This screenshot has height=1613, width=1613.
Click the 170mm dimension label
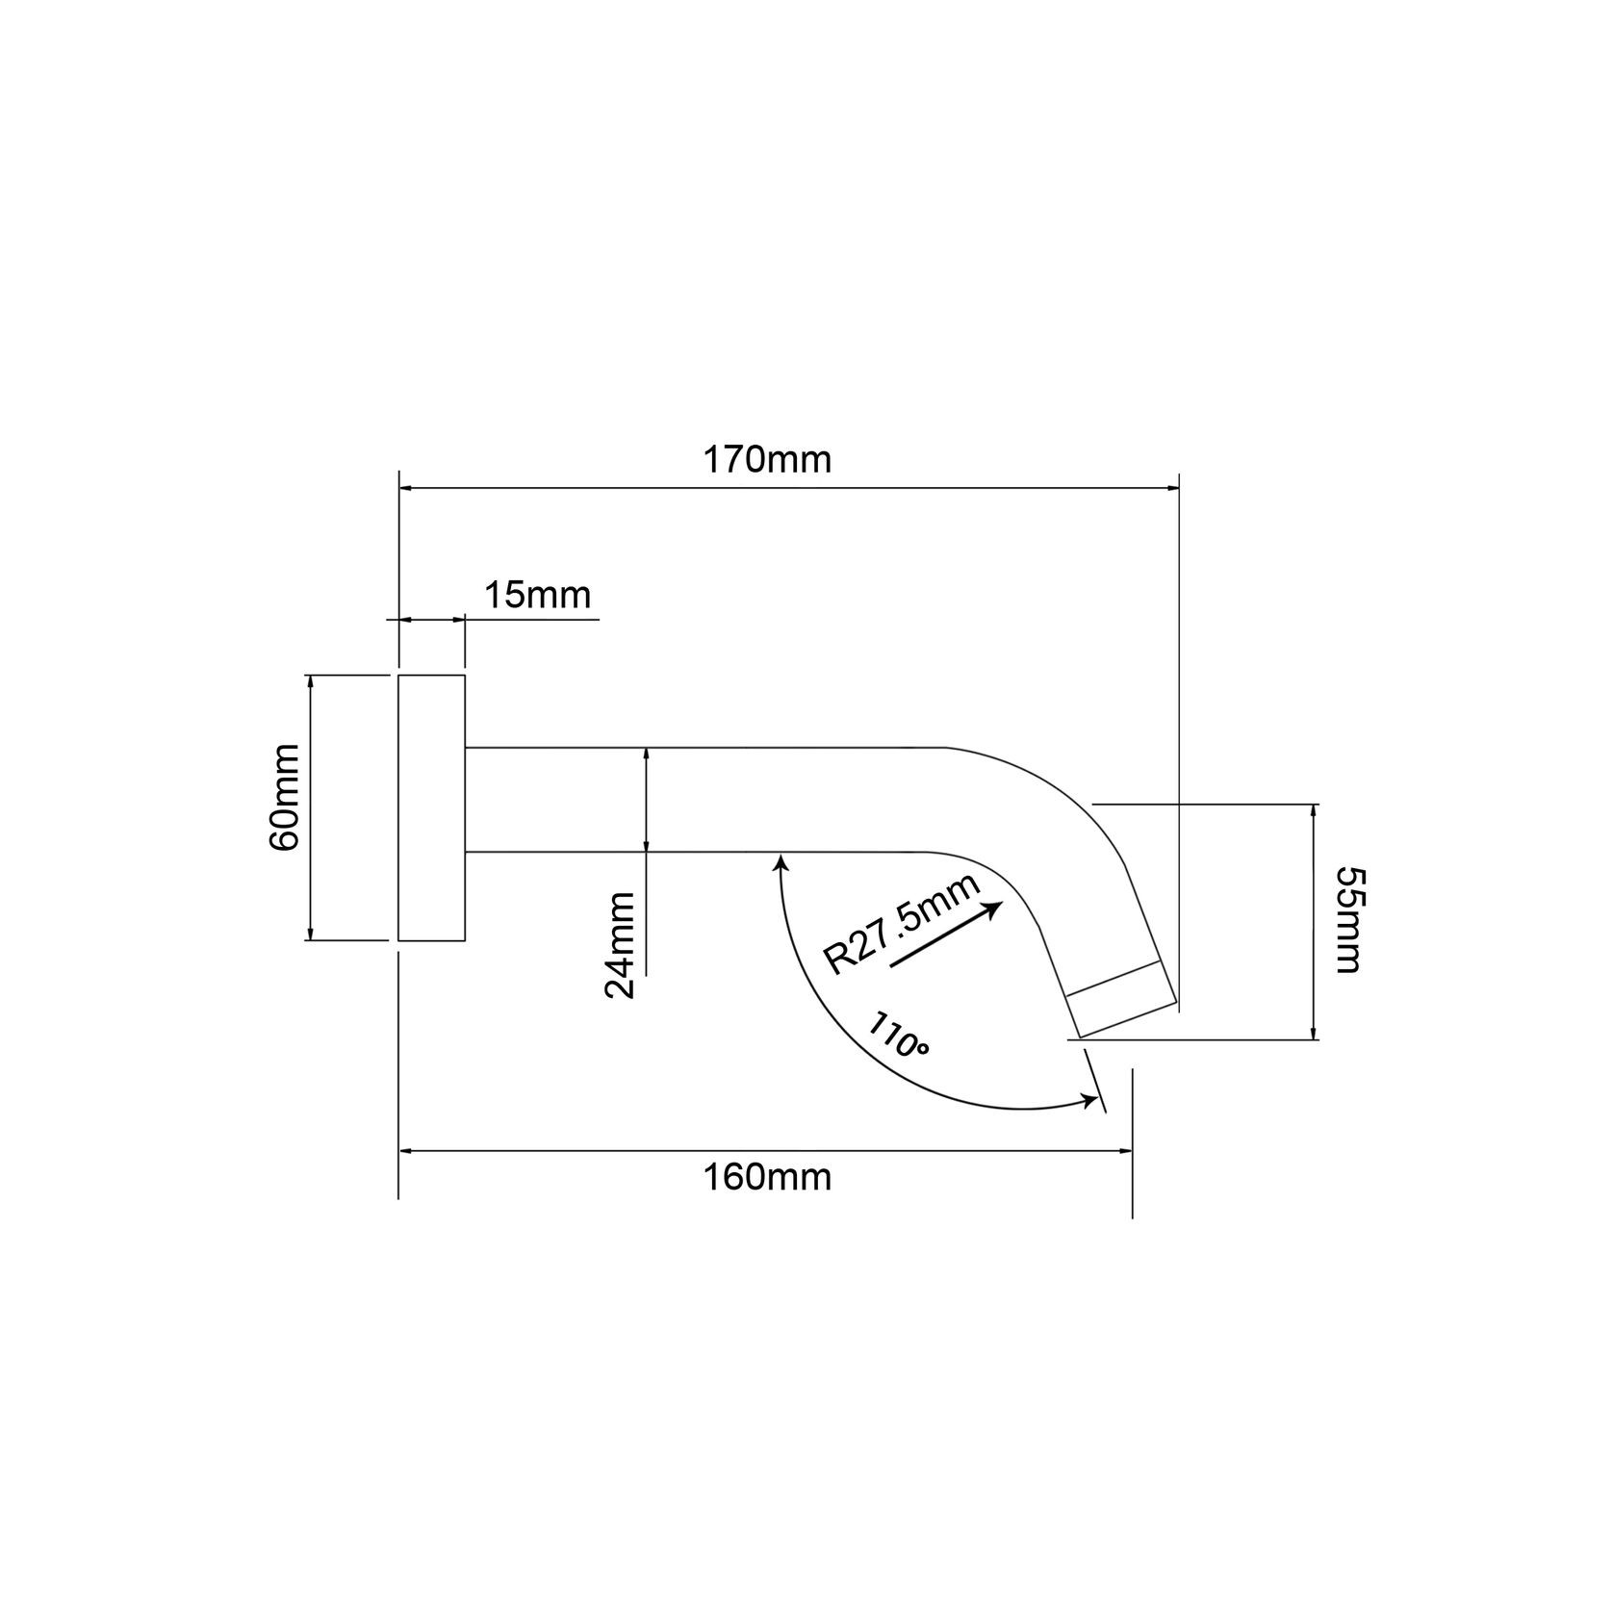click(767, 460)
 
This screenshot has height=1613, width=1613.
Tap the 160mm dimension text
click(767, 1177)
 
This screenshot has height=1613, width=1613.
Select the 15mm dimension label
click(537, 596)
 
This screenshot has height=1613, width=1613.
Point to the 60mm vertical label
click(286, 797)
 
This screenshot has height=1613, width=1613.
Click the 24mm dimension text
click(621, 946)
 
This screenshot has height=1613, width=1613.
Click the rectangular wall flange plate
click(432, 807)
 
